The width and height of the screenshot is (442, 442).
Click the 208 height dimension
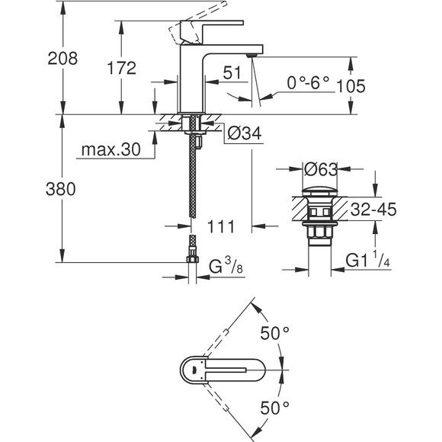(62, 59)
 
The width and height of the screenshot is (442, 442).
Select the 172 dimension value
(120, 68)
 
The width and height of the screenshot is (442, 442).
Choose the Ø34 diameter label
(243, 134)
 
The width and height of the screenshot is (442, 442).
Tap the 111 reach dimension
(219, 226)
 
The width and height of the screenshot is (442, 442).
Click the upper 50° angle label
(275, 334)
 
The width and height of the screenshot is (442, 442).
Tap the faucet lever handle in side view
(191, 27)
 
